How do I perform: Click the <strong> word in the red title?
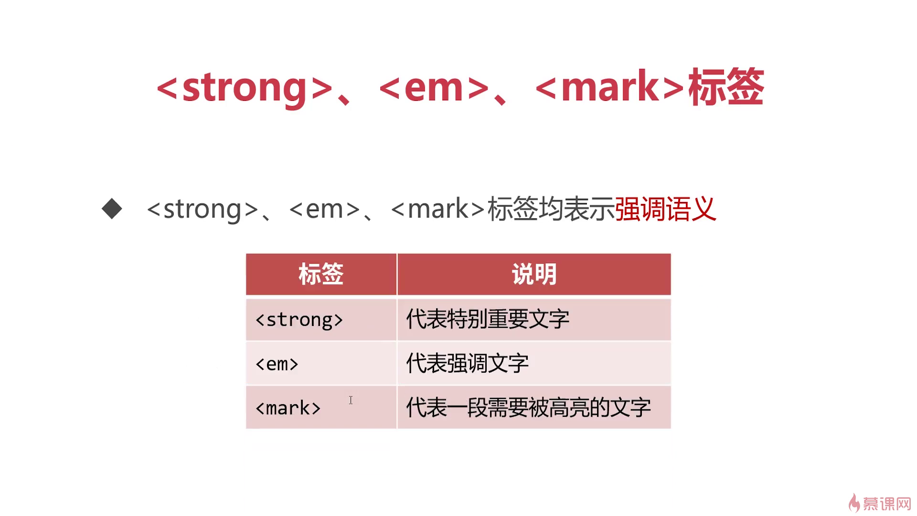tap(245, 87)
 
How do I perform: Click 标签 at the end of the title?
tap(726, 86)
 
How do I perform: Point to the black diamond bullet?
tap(112, 209)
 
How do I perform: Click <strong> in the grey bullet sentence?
tap(203, 209)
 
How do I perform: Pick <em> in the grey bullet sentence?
tap(324, 209)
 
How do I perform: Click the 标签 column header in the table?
tap(321, 274)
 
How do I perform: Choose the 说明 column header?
tap(534, 274)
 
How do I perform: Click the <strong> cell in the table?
tap(299, 320)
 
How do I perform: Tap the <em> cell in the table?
tap(277, 365)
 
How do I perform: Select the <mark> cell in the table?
tap(288, 408)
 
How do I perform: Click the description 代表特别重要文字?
tap(488, 319)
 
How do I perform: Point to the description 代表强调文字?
tap(468, 364)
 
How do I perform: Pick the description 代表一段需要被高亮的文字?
tap(528, 408)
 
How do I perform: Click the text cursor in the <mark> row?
tap(351, 400)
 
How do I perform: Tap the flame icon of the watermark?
tap(854, 503)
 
